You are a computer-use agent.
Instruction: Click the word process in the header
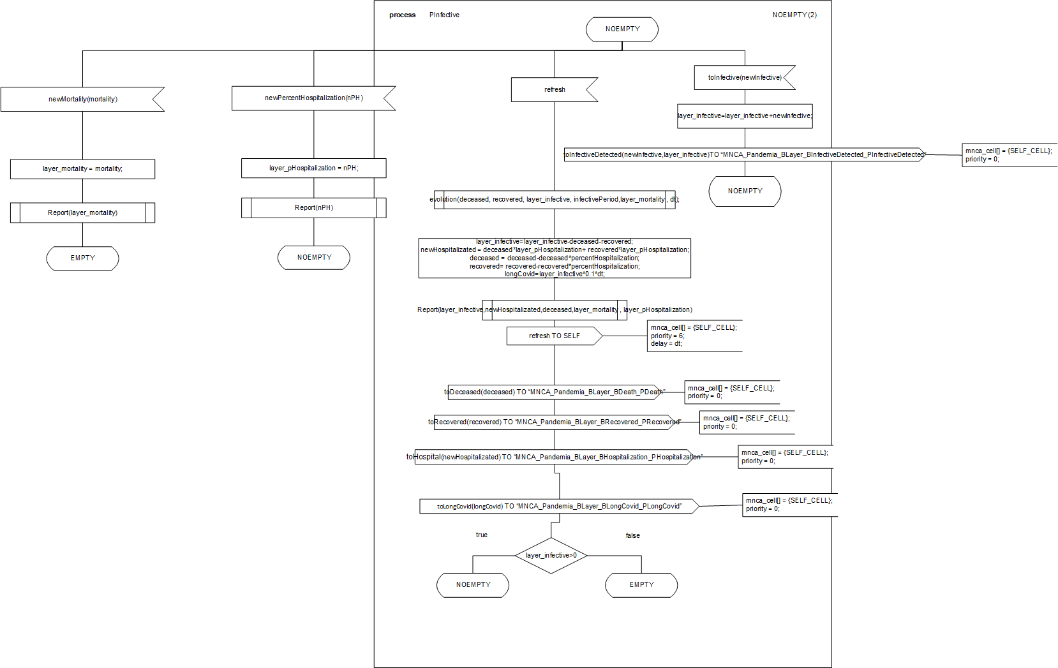pyautogui.click(x=402, y=15)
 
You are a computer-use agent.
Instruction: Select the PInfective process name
pyautogui.click(x=444, y=15)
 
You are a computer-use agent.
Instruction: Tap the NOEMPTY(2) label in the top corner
pyautogui.click(x=794, y=15)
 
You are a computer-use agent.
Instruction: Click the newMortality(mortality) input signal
pyautogui.click(x=82, y=100)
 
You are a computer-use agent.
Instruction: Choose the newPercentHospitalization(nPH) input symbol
pyautogui.click(x=313, y=98)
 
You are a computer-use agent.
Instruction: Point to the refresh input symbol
pyautogui.click(x=554, y=90)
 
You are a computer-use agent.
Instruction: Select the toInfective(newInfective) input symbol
pyautogui.click(x=744, y=78)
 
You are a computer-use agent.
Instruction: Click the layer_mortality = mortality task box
pyautogui.click(x=82, y=169)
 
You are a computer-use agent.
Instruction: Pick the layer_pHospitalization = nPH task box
pyautogui.click(x=313, y=168)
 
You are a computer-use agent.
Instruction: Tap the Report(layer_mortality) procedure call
pyautogui.click(x=82, y=213)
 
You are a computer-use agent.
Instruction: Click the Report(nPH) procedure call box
pyautogui.click(x=313, y=208)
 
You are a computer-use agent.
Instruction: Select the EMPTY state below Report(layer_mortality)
pyautogui.click(x=82, y=258)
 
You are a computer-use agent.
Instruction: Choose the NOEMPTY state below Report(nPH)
pyautogui.click(x=314, y=258)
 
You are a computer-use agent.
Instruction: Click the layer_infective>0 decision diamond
pyautogui.click(x=551, y=556)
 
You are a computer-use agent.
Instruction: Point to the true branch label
pyautogui.click(x=481, y=535)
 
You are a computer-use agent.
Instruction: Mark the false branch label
pyautogui.click(x=632, y=536)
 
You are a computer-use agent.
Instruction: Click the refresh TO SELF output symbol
pyautogui.click(x=554, y=336)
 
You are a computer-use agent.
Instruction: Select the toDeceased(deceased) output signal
pyautogui.click(x=554, y=392)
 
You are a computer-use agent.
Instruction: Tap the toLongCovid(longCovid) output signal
pyautogui.click(x=559, y=507)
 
